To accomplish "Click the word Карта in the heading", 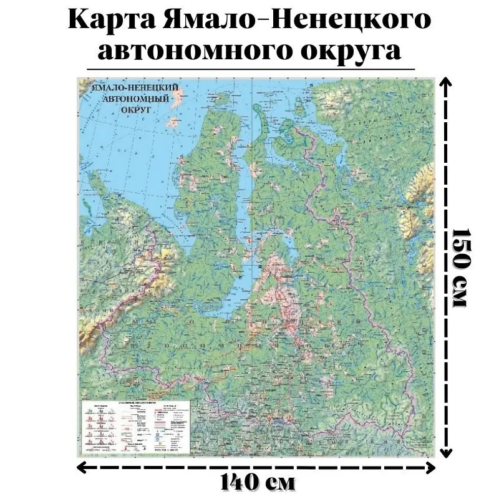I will coord(112,20).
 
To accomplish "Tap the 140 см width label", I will coord(257,482).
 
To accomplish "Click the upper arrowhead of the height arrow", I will coord(443,82).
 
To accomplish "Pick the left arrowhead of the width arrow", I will coord(82,466).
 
